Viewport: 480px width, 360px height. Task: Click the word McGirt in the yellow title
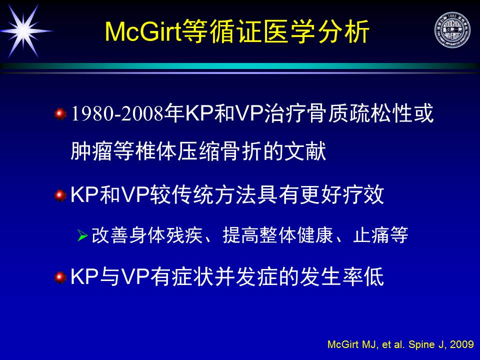click(143, 31)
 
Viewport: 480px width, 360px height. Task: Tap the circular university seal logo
click(452, 30)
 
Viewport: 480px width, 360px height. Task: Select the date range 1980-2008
click(117, 113)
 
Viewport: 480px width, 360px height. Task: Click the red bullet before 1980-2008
click(60, 114)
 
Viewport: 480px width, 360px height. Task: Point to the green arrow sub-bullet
click(82, 235)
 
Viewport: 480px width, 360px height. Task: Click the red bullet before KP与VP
click(60, 277)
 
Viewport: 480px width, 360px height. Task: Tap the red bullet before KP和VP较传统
click(60, 195)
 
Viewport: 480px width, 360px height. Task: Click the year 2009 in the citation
click(461, 344)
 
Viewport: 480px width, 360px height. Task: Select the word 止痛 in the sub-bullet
click(371, 235)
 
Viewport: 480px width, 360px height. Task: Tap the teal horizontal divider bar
click(240, 66)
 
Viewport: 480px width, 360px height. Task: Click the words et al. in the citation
click(393, 344)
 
